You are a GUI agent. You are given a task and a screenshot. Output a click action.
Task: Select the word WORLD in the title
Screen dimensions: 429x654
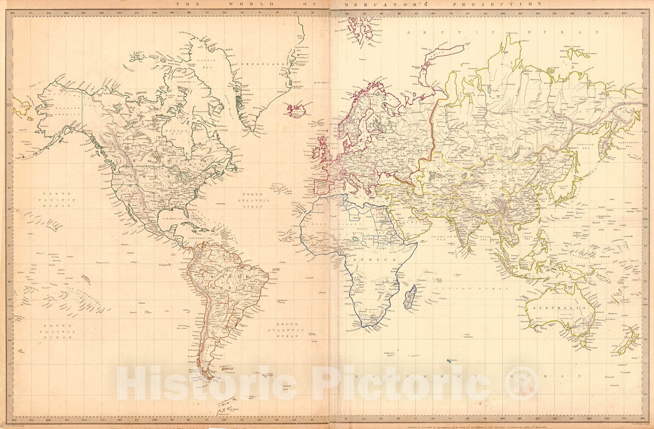241,4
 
